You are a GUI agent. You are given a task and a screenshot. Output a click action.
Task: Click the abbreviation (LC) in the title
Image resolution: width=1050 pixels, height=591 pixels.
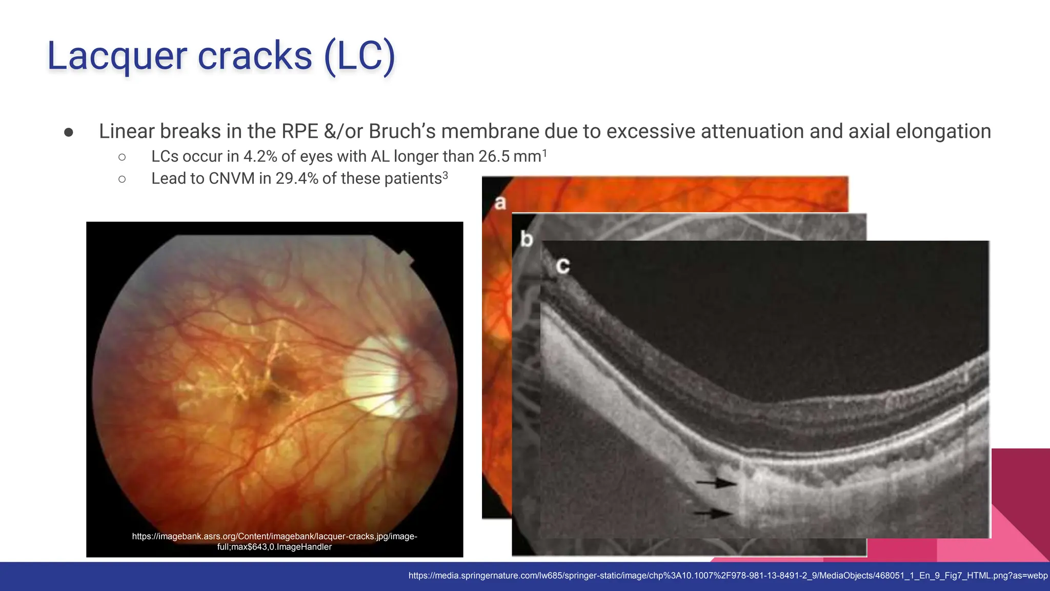[x=359, y=56]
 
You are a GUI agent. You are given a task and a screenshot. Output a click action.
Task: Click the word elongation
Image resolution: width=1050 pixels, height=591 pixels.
[x=943, y=131]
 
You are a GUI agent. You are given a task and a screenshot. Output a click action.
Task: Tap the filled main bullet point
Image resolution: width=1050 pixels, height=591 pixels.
[x=69, y=132]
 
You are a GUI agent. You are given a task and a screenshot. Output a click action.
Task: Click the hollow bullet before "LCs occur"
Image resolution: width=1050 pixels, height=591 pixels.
[x=122, y=157]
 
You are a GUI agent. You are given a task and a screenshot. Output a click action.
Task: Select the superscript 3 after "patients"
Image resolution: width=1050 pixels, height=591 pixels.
[x=445, y=175]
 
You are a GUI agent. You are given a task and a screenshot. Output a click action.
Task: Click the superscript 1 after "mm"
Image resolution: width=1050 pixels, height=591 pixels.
[x=544, y=153]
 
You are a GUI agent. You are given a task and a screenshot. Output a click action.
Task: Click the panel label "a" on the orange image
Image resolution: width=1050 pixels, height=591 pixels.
[x=500, y=203]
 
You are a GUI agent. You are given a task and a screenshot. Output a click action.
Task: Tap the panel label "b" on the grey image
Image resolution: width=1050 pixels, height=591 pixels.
[x=527, y=239]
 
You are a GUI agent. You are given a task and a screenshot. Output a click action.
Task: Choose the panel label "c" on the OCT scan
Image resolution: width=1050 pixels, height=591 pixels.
[x=563, y=265]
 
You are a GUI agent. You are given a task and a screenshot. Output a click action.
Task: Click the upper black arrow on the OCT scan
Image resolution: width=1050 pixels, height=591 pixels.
[x=716, y=482]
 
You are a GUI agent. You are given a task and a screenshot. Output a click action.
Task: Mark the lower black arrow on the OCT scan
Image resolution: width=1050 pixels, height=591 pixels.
[x=714, y=513]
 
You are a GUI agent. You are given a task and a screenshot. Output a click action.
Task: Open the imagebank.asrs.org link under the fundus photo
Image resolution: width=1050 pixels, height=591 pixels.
[x=274, y=541]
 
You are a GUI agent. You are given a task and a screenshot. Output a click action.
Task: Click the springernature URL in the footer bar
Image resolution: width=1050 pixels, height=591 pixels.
[x=728, y=576]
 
